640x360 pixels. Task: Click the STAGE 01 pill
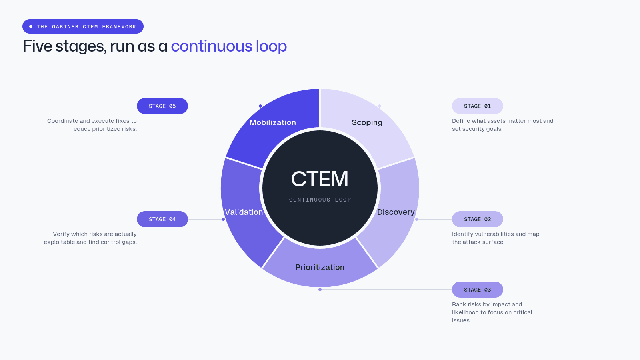478,106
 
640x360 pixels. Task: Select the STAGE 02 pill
478,219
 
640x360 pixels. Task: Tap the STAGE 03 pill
478,290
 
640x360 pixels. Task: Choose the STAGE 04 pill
162,219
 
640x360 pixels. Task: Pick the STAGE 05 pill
162,106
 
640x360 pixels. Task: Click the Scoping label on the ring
367,122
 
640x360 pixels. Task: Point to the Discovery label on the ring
396,212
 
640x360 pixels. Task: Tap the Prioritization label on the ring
320,267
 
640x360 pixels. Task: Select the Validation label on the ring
244,212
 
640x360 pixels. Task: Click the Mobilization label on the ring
272,122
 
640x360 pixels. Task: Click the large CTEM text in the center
320,179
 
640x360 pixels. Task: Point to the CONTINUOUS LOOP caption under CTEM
320,200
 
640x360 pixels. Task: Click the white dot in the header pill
31,26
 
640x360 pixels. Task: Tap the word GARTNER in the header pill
65,26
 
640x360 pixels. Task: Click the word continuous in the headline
212,46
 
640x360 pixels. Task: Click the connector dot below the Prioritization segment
320,290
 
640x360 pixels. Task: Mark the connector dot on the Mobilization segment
260,106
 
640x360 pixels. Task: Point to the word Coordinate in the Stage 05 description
62,121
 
